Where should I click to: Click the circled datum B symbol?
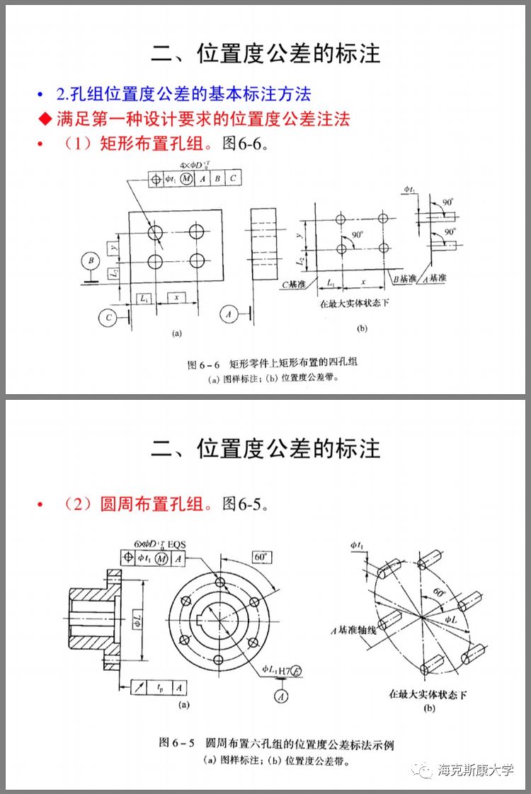click(x=91, y=260)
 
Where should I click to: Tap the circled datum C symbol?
click(x=108, y=318)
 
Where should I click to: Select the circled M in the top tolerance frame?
click(x=186, y=179)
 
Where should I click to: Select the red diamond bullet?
click(x=45, y=118)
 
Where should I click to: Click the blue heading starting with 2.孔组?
click(x=183, y=94)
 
